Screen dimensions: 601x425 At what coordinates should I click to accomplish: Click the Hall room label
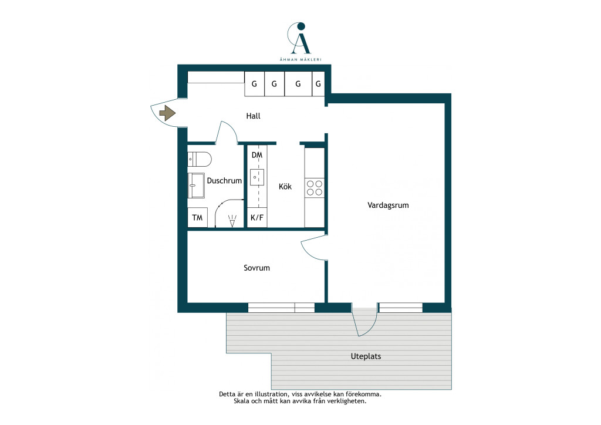coord(253,116)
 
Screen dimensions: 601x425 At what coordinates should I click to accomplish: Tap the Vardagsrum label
coord(388,205)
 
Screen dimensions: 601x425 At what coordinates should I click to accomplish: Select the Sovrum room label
coord(256,268)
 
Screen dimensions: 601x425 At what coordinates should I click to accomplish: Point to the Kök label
coord(285,186)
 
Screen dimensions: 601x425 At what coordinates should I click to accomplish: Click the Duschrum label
coord(224,180)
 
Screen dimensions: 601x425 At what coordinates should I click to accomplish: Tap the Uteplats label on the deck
coord(366,356)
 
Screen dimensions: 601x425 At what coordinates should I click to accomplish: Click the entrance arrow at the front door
coord(167,113)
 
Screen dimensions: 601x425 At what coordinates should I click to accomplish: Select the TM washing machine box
coord(197,218)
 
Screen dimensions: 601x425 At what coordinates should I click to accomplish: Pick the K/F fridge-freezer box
coord(257,218)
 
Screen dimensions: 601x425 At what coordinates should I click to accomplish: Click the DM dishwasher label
coord(257,155)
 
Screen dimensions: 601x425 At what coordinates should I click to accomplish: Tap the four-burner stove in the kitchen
coord(315,188)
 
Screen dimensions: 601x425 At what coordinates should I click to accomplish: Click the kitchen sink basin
coord(257,178)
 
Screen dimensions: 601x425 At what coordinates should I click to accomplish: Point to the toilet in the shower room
coord(200,159)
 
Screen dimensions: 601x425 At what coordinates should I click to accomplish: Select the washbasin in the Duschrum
coord(196,185)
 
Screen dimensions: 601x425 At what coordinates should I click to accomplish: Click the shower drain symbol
coord(232,221)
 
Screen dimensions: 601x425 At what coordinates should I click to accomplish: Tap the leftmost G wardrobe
coord(255,83)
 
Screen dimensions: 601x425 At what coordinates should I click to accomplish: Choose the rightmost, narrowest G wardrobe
coord(318,83)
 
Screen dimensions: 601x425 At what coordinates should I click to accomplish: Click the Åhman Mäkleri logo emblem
coord(299,38)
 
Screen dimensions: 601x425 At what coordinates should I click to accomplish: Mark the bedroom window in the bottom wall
coord(281,308)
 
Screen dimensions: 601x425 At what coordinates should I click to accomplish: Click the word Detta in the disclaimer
coord(227,394)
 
